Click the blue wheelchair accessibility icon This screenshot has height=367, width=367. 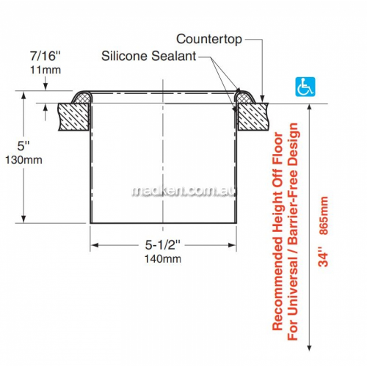click(305, 87)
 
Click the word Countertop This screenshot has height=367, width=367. click(209, 39)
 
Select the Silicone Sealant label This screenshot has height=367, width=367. click(149, 56)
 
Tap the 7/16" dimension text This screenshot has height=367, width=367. click(45, 56)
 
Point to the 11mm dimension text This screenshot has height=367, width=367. click(46, 70)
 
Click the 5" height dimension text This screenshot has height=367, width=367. click(23, 146)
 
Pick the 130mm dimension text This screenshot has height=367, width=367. click(23, 160)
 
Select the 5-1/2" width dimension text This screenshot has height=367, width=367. click(163, 244)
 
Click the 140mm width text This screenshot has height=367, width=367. click(163, 259)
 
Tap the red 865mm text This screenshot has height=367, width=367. click(324, 215)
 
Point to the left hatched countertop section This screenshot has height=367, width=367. click(73, 117)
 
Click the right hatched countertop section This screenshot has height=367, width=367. click(253, 117)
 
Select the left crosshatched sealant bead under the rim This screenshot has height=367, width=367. click(82, 98)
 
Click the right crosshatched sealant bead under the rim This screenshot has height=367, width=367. click(244, 98)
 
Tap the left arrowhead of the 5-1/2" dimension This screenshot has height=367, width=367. click(94, 245)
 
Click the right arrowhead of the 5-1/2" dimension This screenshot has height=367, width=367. click(233, 245)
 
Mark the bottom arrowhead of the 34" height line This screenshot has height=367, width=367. click(310, 347)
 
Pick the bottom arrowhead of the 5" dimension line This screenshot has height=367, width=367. click(23, 219)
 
